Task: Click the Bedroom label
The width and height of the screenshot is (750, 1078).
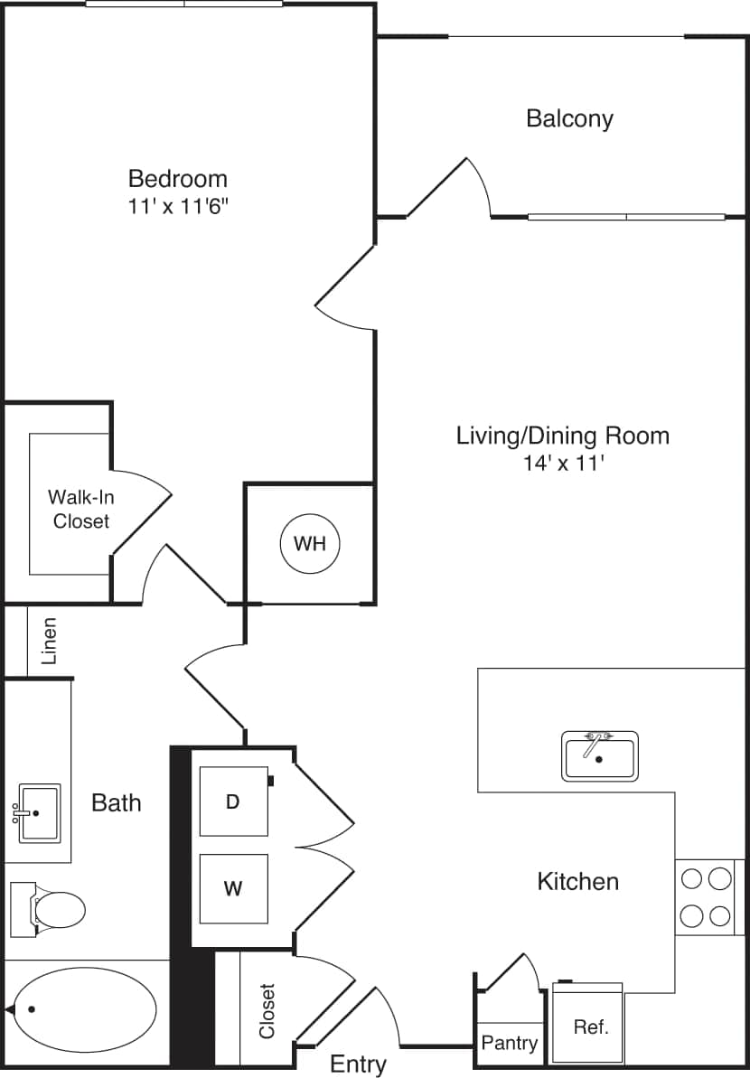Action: [177, 178]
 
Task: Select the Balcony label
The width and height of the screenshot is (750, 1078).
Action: [569, 118]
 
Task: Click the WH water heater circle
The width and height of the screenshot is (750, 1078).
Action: [309, 544]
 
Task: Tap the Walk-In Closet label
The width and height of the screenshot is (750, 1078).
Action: [81, 509]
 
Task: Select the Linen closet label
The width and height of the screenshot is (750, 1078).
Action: [50, 641]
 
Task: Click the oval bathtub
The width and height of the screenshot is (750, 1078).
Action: [85, 1008]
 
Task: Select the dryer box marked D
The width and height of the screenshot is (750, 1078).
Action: [233, 801]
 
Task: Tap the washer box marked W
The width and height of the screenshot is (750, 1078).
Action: [233, 888]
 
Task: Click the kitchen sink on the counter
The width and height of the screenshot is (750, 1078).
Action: [600, 756]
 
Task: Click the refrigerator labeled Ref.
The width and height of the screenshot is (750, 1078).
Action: [591, 1027]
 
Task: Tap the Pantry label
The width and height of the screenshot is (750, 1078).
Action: [510, 1043]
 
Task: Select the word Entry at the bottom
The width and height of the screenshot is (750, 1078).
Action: [358, 1064]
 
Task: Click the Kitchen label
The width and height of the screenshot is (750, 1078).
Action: [578, 881]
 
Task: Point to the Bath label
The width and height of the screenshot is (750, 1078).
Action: [117, 802]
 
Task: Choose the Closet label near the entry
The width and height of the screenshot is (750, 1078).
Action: [267, 1010]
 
